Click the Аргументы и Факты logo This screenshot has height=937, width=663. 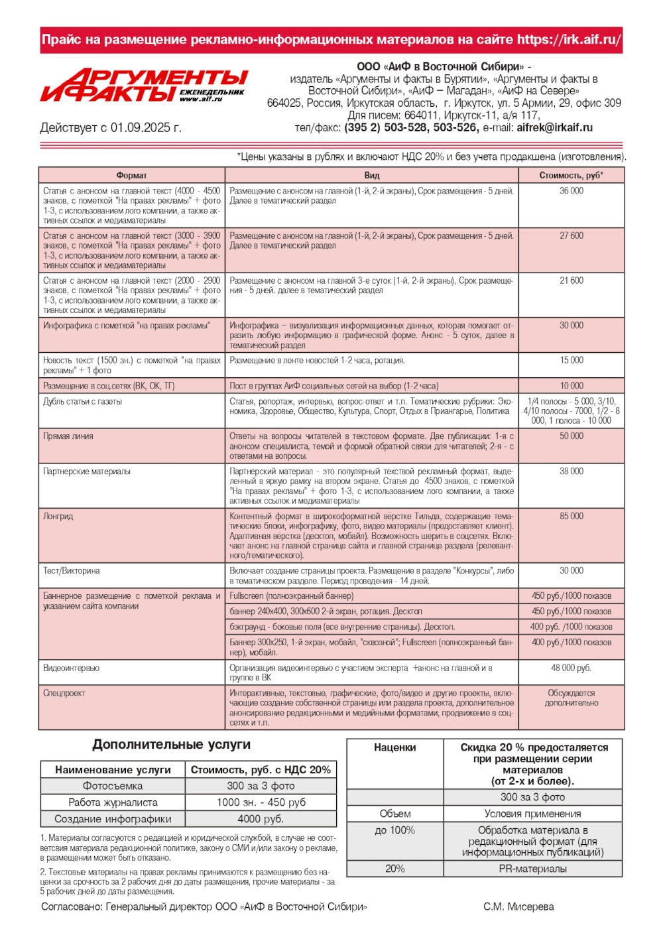click(143, 86)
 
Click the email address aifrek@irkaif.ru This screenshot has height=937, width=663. click(554, 128)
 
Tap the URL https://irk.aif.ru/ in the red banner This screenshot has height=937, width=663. click(569, 40)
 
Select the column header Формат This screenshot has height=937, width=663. click(131, 176)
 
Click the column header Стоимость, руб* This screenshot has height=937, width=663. click(571, 176)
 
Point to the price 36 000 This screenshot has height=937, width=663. click(571, 191)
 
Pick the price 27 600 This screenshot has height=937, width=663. click(571, 236)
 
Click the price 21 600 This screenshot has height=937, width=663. click(571, 281)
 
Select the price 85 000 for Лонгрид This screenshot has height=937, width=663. click(571, 517)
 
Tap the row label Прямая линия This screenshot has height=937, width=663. click(68, 437)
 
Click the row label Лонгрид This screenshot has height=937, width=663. click(58, 517)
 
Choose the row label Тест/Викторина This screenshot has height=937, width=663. click(71, 571)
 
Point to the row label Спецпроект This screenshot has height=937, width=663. click(64, 694)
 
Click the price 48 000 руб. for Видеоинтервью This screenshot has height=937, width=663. click(571, 668)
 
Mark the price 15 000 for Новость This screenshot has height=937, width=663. click(571, 361)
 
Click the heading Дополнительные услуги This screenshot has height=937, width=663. click(172, 745)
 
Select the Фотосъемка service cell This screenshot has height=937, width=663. click(113, 786)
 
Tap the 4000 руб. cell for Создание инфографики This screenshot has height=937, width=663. click(261, 820)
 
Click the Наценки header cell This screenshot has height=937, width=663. click(394, 748)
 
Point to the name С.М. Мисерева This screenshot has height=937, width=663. click(518, 907)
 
